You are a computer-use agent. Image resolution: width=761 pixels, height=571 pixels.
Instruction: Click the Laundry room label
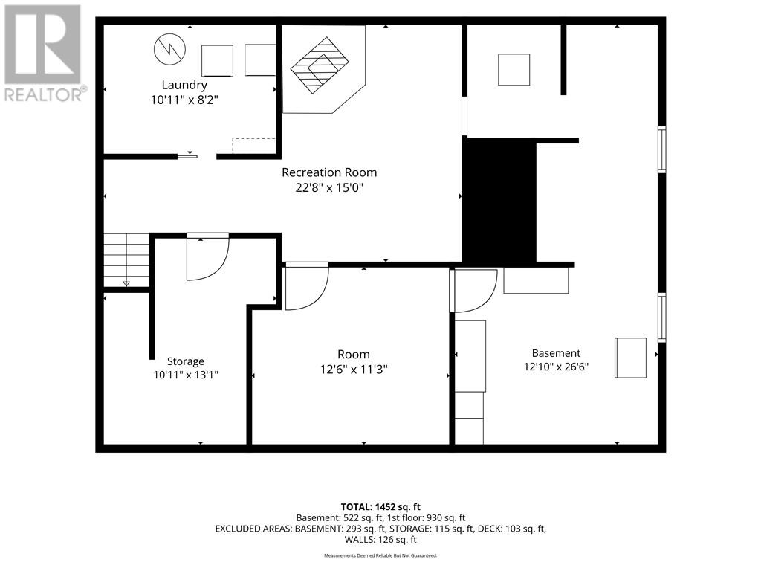click(184, 85)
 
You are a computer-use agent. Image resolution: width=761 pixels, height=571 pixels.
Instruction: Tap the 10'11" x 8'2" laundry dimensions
click(184, 100)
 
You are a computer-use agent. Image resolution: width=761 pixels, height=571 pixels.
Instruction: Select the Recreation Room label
click(329, 172)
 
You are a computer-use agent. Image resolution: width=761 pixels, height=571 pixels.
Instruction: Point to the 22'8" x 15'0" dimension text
click(329, 187)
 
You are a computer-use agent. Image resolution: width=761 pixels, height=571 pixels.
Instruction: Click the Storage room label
click(185, 361)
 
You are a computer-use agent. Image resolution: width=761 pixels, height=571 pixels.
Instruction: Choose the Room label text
click(353, 355)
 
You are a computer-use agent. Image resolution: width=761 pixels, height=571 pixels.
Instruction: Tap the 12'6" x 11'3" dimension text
click(353, 370)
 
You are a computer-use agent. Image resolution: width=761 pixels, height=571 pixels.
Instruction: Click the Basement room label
click(556, 353)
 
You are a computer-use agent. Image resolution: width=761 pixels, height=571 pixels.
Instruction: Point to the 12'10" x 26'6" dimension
click(556, 367)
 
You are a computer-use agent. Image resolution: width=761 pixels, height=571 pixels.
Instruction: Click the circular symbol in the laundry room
click(170, 50)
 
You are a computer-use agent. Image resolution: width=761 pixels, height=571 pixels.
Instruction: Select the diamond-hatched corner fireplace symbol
click(320, 65)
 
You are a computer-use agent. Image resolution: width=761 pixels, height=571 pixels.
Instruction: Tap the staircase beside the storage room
click(126, 260)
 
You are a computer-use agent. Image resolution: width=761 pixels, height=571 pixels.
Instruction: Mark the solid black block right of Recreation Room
click(499, 200)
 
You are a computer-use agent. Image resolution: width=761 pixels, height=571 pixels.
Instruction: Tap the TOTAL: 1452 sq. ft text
click(380, 507)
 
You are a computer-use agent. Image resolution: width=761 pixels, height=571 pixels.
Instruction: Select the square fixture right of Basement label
click(630, 358)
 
